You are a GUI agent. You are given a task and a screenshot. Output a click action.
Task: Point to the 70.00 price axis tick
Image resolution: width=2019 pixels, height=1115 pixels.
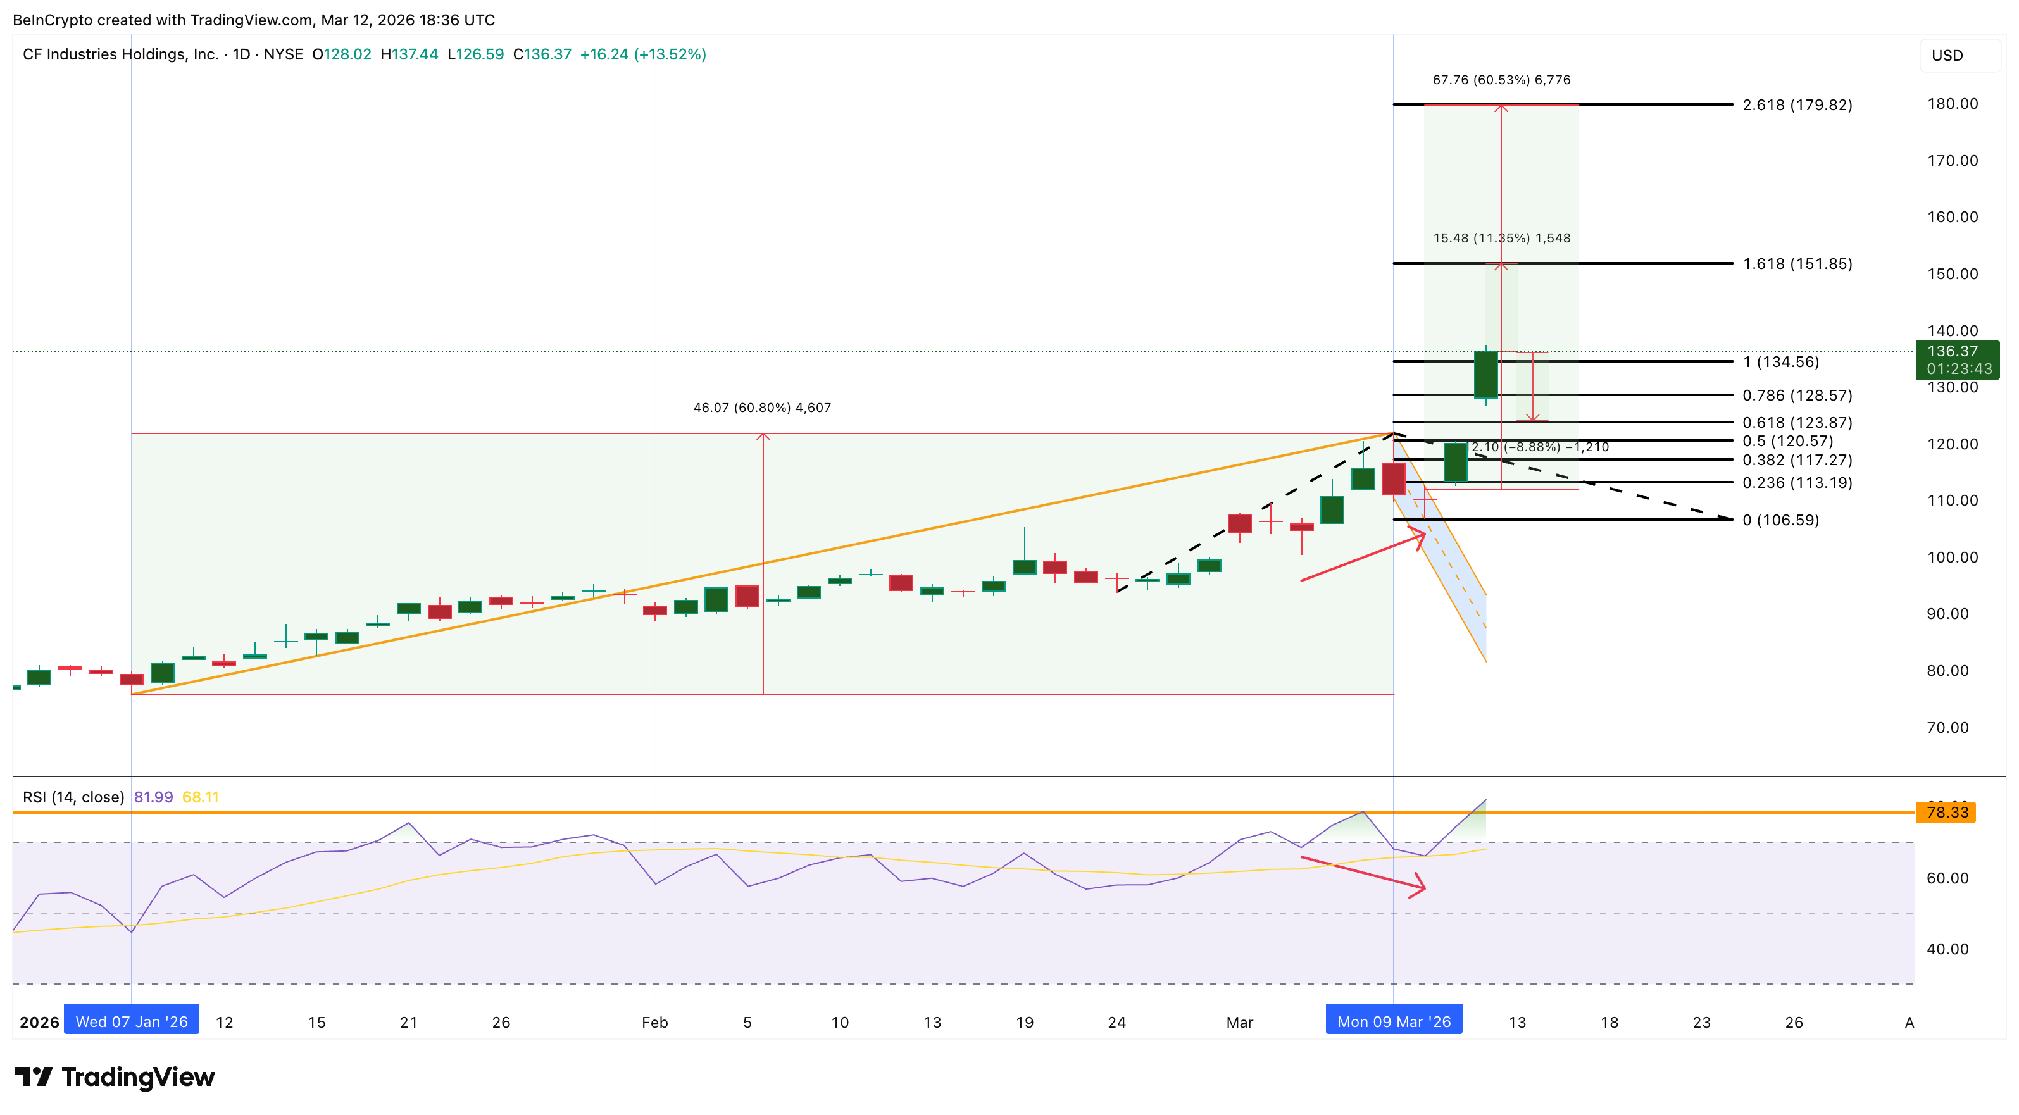pos(1947,728)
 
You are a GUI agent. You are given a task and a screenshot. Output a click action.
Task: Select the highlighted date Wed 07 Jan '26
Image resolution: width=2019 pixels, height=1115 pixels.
pos(132,1022)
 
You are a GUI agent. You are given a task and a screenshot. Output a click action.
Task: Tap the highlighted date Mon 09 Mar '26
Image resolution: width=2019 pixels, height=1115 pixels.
pos(1394,1022)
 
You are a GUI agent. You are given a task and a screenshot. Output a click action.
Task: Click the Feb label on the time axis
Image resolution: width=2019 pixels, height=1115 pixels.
pos(654,1023)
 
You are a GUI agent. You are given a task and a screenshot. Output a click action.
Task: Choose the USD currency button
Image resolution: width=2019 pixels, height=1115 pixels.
pos(1947,56)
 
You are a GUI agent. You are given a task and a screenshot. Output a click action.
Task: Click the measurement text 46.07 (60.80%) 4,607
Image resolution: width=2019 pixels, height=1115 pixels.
pos(762,408)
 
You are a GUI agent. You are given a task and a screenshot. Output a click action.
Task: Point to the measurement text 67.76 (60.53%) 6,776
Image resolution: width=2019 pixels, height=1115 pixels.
pos(1501,80)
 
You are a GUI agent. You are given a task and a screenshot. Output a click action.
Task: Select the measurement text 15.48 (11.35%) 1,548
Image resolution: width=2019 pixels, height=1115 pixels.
pos(1501,238)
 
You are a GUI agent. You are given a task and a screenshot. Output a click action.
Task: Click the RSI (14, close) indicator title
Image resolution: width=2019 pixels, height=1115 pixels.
pos(73,797)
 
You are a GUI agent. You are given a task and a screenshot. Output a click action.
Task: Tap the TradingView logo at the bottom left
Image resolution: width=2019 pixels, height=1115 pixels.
pos(115,1078)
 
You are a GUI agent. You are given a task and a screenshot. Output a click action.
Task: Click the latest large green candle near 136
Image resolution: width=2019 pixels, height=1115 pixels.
pos(1485,375)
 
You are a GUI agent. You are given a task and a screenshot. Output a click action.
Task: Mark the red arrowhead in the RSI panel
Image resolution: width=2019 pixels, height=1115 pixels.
pos(1418,887)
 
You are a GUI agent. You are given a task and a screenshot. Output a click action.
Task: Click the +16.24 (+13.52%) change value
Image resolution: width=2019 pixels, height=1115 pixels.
pos(642,54)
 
